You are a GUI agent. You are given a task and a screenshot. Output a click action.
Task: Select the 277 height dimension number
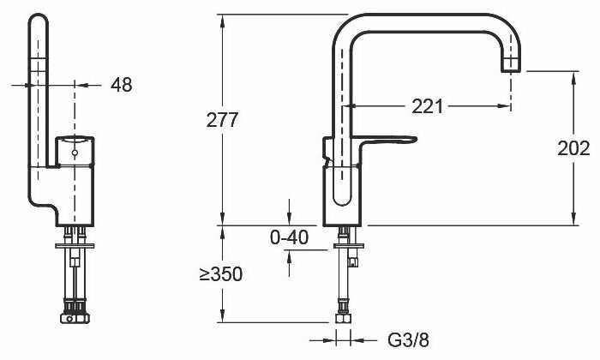pyautogui.click(x=222, y=120)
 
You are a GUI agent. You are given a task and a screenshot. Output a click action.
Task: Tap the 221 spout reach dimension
pyautogui.click(x=428, y=106)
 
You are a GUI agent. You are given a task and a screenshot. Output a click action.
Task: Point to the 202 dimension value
pyautogui.click(x=573, y=147)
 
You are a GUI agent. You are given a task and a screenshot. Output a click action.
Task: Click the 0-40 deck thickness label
pyautogui.click(x=289, y=237)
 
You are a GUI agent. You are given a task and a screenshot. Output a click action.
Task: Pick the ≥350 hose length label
pyautogui.click(x=221, y=274)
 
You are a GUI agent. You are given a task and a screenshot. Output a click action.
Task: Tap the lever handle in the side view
pyautogui.click(x=390, y=141)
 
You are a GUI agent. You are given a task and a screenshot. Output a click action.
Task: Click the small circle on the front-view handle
pyautogui.click(x=75, y=153)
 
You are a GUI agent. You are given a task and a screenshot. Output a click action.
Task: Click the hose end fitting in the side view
pyautogui.click(x=344, y=318)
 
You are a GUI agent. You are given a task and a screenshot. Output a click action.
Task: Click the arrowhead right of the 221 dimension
pyautogui.click(x=507, y=107)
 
